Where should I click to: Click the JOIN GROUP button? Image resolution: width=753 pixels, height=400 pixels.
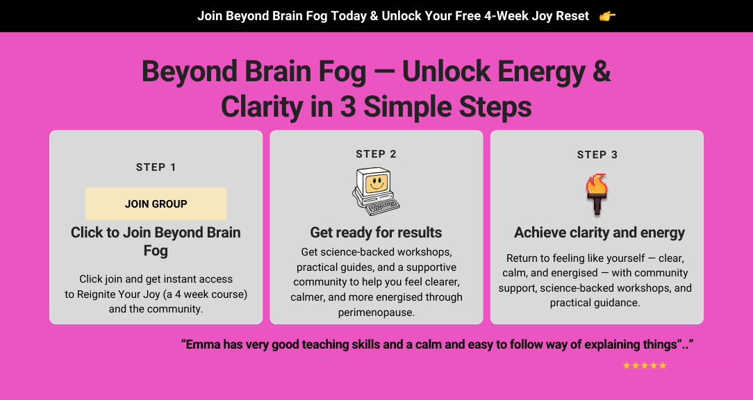click(156, 203)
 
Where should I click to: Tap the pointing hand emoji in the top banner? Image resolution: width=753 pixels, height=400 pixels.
click(608, 17)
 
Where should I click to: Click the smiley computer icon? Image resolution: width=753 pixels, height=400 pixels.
click(376, 192)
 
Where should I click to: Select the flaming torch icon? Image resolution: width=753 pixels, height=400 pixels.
click(597, 194)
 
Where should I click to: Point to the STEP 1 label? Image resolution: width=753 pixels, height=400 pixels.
click(156, 167)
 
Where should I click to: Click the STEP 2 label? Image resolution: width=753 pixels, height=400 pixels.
click(376, 154)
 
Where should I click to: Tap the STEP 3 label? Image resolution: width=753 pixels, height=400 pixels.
click(597, 155)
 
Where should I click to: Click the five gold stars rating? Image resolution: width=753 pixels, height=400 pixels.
click(645, 365)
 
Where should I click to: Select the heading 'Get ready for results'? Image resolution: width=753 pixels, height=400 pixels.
click(376, 233)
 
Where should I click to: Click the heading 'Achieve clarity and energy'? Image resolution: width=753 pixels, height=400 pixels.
click(599, 233)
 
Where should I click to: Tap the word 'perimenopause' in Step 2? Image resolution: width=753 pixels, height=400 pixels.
click(376, 312)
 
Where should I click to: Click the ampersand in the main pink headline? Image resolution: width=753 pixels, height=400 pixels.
click(602, 72)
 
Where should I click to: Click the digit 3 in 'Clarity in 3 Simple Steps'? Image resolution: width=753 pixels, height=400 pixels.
click(348, 107)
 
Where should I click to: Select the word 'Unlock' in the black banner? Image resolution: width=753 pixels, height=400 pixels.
click(399, 17)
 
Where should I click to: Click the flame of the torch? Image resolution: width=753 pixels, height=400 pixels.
click(597, 184)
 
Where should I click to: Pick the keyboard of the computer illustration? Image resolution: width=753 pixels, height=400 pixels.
click(382, 207)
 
